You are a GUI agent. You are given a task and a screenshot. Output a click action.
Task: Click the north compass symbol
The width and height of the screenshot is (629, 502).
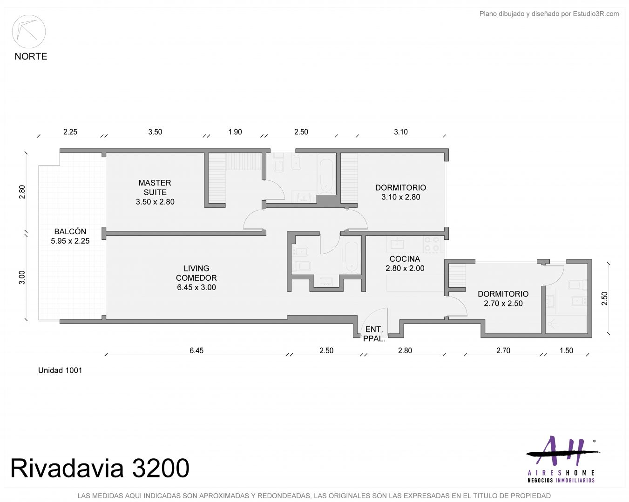(x=29, y=32)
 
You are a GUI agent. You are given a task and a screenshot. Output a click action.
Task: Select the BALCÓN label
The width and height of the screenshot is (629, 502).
(x=70, y=236)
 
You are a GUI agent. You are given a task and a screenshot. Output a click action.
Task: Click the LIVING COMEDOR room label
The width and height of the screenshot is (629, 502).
(x=196, y=277)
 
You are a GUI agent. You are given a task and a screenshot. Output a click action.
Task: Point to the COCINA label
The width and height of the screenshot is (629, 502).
(x=405, y=263)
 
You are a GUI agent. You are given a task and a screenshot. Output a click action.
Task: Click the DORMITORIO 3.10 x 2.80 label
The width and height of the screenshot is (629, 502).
(x=401, y=192)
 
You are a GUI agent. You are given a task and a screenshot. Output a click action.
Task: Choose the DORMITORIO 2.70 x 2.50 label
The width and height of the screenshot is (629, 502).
(x=503, y=298)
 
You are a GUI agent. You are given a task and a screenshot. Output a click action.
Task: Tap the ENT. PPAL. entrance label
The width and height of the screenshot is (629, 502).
(x=374, y=334)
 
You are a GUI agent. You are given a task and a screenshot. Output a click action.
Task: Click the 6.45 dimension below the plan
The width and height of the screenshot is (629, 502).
(x=196, y=350)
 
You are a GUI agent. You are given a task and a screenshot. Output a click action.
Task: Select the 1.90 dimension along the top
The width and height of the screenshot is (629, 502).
(x=235, y=132)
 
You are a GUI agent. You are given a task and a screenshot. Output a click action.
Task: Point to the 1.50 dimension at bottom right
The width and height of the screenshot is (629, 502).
(x=566, y=350)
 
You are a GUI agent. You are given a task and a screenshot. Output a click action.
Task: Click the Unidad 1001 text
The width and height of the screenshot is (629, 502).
(x=60, y=370)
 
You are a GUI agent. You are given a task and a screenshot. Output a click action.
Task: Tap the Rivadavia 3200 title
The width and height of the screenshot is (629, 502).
(x=100, y=468)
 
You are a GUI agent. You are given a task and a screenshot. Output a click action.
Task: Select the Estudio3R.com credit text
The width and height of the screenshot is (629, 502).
(x=549, y=14)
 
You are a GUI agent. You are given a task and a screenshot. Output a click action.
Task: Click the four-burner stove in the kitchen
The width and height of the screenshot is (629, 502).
(x=432, y=244)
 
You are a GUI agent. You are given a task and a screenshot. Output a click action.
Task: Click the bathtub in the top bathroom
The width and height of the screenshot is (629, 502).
(x=326, y=174)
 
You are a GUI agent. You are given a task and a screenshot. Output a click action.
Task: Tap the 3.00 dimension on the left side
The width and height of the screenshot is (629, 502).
(x=22, y=277)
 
